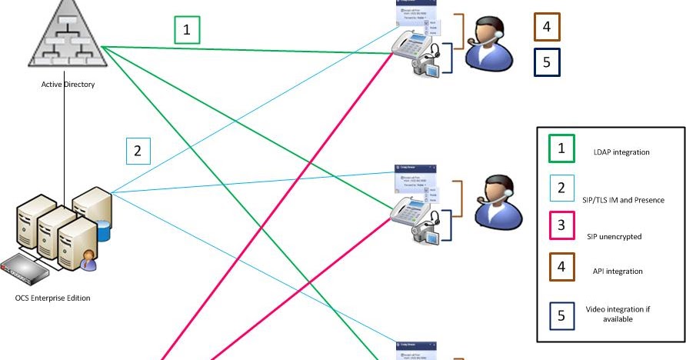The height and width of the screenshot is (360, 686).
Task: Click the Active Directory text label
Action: tap(68, 84)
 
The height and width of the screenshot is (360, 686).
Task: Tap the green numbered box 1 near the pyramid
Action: tap(186, 30)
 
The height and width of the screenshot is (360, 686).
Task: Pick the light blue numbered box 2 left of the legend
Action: tap(138, 150)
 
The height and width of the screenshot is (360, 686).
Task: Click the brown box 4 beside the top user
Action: tap(546, 27)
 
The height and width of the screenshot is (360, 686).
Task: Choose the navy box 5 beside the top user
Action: tap(546, 62)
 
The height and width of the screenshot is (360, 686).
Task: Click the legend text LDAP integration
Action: tap(621, 152)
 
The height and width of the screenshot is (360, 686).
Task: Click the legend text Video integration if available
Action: tap(618, 313)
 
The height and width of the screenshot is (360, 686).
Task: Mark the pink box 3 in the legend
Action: tap(561, 226)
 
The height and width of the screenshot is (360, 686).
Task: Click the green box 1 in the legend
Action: tap(561, 148)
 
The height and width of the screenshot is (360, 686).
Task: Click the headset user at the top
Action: tap(486, 45)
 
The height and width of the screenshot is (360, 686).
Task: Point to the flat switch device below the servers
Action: tap(25, 271)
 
